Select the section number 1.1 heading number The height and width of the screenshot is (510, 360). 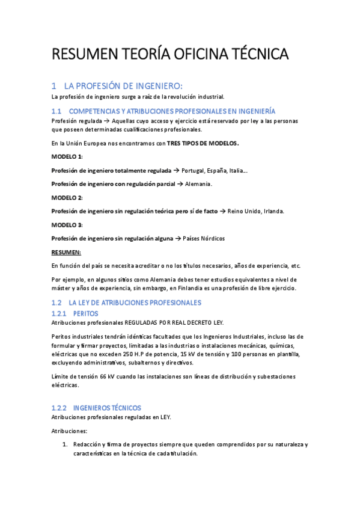coord(57,111)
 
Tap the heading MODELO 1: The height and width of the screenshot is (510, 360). coord(67,156)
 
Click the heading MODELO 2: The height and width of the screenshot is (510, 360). coord(67,197)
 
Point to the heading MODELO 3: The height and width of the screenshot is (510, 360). coord(67,224)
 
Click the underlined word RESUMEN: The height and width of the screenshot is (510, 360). coord(66,252)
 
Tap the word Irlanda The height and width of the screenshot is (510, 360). coord(271,211)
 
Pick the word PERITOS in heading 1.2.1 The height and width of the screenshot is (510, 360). coord(85,313)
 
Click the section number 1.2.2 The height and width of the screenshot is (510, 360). coord(60,408)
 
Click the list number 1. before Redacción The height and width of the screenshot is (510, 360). coord(66,444)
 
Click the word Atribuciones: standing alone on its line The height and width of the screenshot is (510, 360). coord(69,431)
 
